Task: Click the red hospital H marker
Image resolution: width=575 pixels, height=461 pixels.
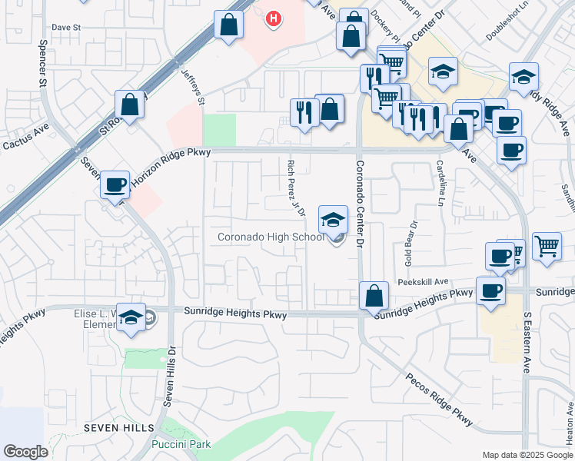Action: coord(273,18)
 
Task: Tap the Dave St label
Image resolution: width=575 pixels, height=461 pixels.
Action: coord(66,27)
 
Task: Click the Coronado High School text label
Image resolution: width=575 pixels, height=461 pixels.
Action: coord(271,237)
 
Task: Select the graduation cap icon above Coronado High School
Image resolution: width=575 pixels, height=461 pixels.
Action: coord(333,221)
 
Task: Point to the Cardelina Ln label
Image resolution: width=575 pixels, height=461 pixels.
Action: coord(441,187)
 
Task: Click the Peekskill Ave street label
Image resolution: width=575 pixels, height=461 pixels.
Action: coord(423,282)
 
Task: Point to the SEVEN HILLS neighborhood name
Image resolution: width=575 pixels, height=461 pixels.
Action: coord(121,427)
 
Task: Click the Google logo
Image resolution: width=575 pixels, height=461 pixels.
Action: coord(25,452)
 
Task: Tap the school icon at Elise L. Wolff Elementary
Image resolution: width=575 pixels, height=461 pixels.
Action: coord(131,317)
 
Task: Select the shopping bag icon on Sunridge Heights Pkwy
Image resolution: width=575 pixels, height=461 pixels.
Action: coord(374,295)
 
